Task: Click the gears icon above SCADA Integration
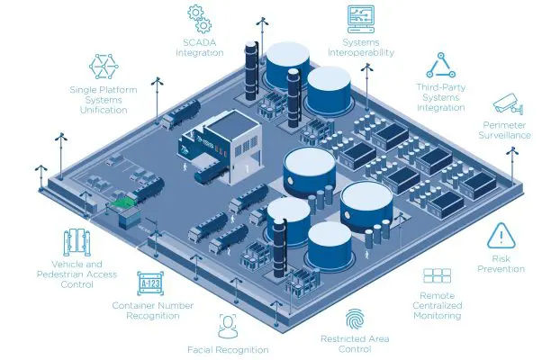pos(199,18)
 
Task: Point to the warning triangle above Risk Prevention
pos(498,237)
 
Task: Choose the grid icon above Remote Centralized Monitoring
pos(437,276)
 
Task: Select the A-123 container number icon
pos(151,283)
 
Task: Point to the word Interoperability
pos(361,52)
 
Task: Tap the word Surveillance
pos(507,136)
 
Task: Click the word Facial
pos(202,349)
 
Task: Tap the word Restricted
pos(343,338)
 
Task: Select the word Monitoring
pos(438,316)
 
